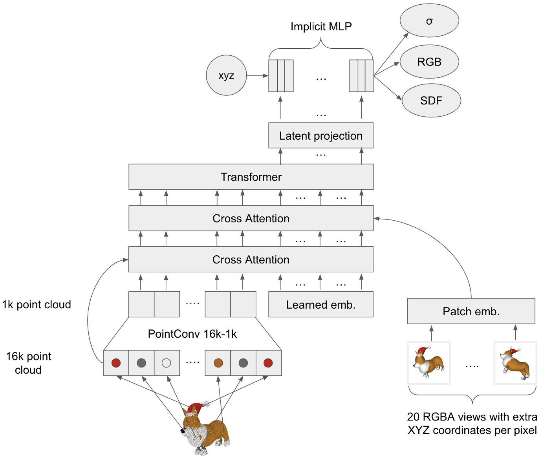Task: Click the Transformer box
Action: click(x=251, y=177)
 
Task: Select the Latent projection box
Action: click(x=320, y=135)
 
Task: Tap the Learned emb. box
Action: click(x=320, y=304)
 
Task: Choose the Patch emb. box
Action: click(x=471, y=311)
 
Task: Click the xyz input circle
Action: click(x=226, y=75)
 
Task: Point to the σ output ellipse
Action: click(x=429, y=21)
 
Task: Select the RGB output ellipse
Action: click(x=429, y=62)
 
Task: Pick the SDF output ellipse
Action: click(x=431, y=101)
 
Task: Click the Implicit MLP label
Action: click(x=321, y=26)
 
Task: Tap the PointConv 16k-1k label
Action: click(x=192, y=334)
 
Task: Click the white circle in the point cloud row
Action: click(x=167, y=363)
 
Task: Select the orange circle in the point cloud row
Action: click(x=218, y=363)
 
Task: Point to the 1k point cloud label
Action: click(x=37, y=304)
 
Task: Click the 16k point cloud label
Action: click(x=28, y=363)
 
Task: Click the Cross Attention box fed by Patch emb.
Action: click(x=251, y=218)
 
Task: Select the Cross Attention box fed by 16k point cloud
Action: click(x=251, y=260)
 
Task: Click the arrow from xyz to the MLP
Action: click(x=257, y=75)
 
